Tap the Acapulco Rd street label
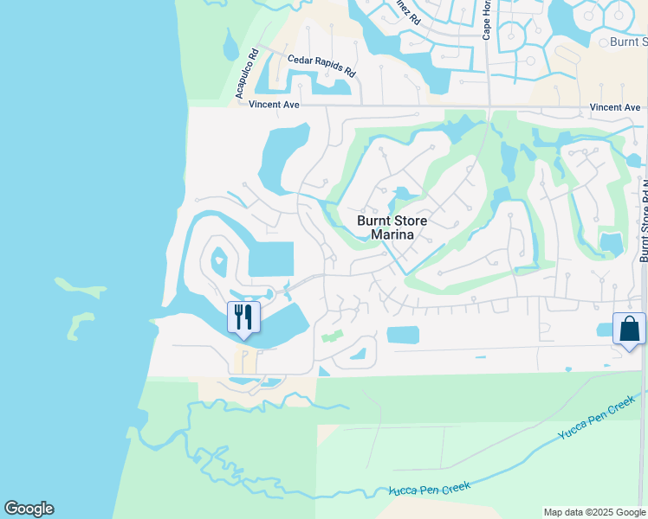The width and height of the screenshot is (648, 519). (243, 75)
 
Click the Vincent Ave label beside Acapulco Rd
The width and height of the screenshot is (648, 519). (274, 105)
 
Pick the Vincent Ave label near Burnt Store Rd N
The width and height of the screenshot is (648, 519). (615, 107)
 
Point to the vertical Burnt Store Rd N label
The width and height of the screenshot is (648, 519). (643, 221)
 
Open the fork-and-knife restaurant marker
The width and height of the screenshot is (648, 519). (243, 317)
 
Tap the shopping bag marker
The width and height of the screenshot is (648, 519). (628, 330)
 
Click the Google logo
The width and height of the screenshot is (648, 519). (29, 509)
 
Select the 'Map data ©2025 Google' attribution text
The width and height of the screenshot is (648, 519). (593, 512)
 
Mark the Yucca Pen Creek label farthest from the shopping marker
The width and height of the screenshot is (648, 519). (431, 490)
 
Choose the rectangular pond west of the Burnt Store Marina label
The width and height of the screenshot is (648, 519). (271, 259)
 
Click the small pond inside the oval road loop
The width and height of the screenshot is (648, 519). (218, 258)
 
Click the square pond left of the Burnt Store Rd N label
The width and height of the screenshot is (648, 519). (612, 244)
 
